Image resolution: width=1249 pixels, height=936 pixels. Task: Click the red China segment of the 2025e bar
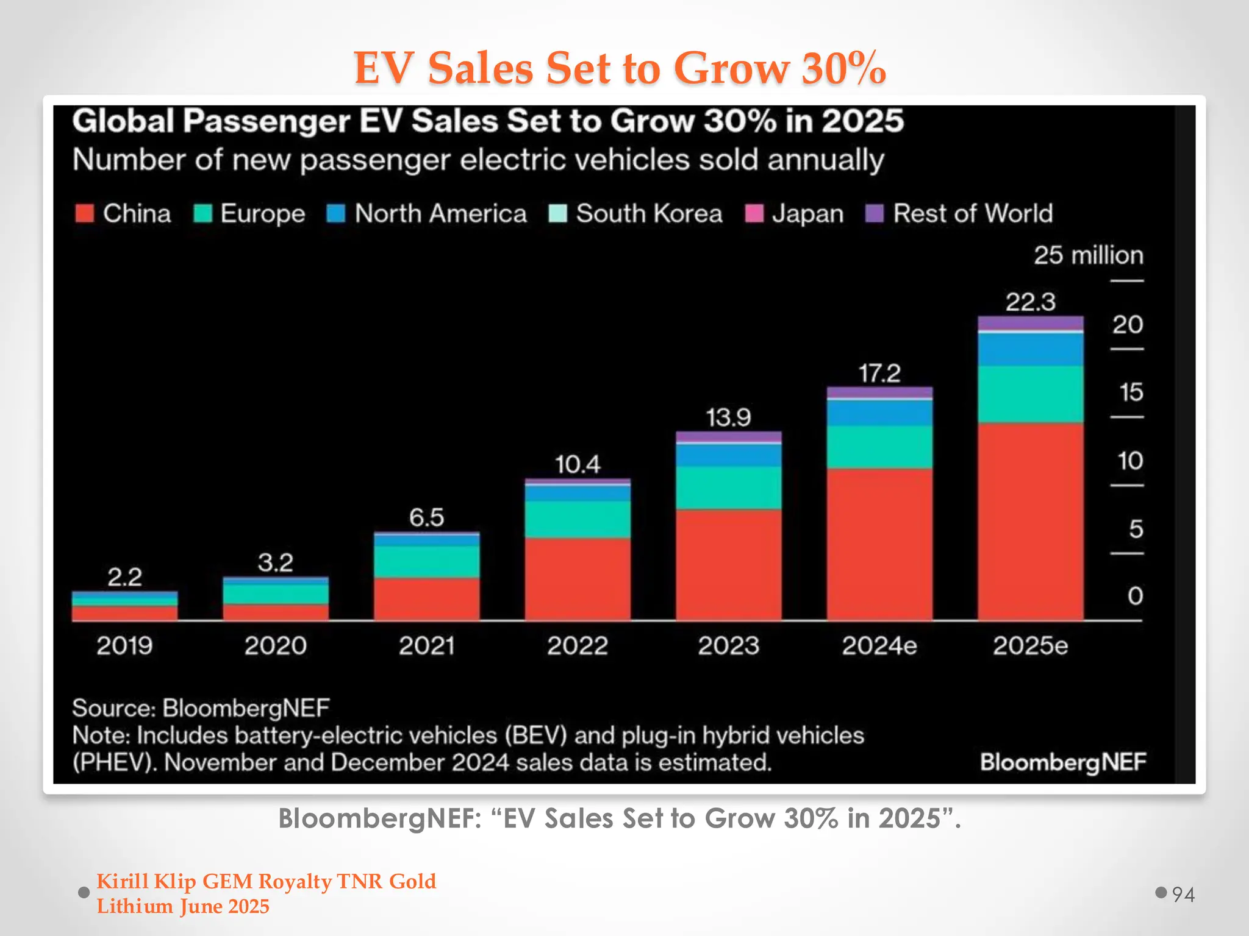tap(1030, 521)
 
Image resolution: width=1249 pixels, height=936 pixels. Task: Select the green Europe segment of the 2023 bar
tap(728, 487)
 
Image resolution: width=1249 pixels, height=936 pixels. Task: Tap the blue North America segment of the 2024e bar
tap(879, 413)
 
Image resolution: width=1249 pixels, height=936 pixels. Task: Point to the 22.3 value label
tap(1030, 302)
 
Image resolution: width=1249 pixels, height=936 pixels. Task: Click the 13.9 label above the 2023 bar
tap(728, 417)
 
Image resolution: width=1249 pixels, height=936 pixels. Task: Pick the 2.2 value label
tap(124, 576)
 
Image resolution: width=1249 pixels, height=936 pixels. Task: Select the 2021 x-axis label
tap(426, 645)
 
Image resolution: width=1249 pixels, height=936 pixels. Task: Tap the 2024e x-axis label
tap(879, 645)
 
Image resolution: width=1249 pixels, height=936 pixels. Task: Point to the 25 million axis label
tap(1088, 255)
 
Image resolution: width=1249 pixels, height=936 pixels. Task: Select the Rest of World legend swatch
tap(875, 213)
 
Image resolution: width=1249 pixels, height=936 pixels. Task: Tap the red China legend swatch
tap(84, 213)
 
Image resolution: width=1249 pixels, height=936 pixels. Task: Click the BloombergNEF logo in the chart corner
tap(1062, 762)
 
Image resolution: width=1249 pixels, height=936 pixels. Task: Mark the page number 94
tap(1183, 894)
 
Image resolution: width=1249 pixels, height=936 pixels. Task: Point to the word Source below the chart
tap(113, 708)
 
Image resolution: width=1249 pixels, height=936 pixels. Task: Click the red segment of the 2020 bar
tap(275, 612)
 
